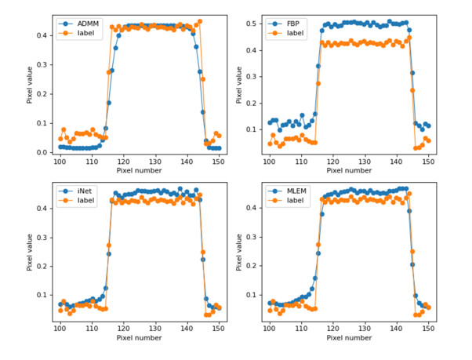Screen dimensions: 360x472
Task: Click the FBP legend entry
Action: (295, 24)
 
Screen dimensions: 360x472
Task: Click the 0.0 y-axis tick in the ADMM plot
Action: (44, 152)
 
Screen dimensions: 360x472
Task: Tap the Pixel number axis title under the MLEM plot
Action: (349, 340)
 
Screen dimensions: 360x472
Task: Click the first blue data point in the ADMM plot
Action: (60, 147)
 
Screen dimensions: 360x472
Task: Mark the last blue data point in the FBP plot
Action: (429, 125)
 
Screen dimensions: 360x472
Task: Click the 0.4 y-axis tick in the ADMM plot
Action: (44, 35)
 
